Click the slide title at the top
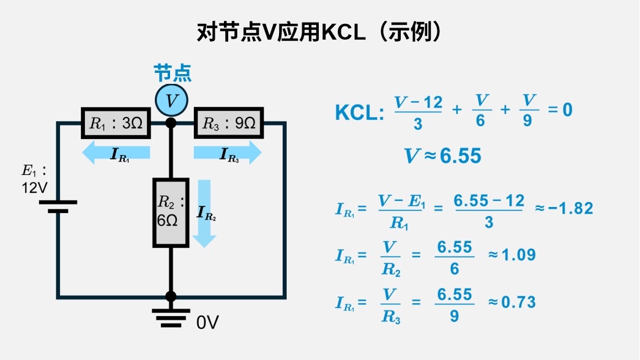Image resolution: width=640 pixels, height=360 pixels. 319,32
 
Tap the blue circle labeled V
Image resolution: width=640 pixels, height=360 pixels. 171,100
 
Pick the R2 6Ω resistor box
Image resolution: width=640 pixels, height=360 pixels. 171,212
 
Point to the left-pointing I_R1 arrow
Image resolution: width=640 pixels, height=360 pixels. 116,152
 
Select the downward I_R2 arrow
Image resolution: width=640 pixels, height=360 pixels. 204,213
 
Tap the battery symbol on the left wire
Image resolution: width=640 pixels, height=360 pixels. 58,206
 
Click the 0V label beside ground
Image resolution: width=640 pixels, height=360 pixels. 207,323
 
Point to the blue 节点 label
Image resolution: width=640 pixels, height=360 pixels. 172,73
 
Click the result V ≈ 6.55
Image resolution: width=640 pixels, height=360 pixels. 442,156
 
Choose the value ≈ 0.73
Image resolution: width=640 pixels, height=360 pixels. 511,302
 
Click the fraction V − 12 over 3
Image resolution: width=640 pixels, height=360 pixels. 418,112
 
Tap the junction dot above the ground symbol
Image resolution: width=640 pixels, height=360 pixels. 171,296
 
